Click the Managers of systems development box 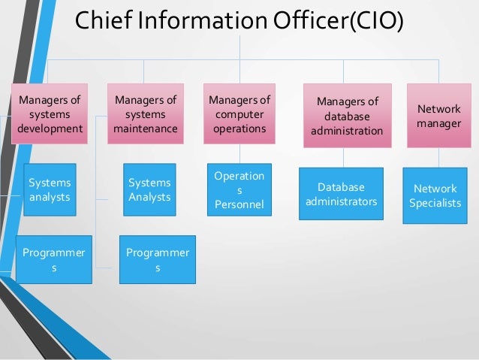pos(50,113)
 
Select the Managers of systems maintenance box pos(146,113)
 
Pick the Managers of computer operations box pos(239,113)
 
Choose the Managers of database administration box pos(348,115)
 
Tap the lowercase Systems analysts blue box pos(50,189)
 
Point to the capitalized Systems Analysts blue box pos(149,189)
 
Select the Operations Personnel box pos(239,189)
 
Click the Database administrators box pos(341,194)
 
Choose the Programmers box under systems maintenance pos(158,259)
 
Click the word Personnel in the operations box pos(239,204)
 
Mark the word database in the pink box pos(348,116)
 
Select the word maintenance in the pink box pos(146,129)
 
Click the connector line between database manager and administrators pos(343,156)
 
